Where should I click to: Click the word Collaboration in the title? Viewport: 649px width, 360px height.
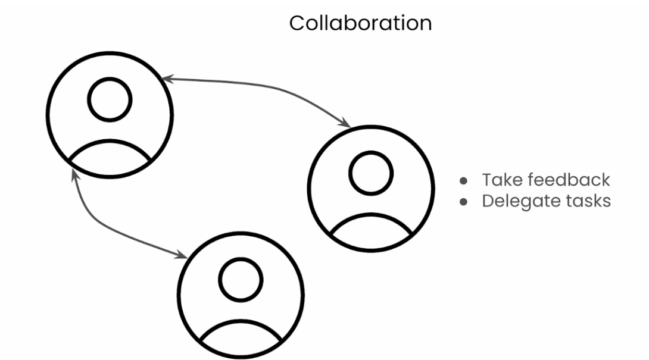pos(360,23)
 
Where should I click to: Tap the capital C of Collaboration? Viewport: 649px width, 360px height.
pos(297,23)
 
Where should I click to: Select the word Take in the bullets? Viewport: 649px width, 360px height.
pos(501,180)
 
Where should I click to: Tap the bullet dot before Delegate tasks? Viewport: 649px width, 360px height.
pos(464,202)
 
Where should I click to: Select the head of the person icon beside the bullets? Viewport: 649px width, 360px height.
pos(370,173)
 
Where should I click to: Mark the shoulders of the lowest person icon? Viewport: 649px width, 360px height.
pos(240,336)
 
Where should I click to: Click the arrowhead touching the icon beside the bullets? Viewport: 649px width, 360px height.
pos(345,124)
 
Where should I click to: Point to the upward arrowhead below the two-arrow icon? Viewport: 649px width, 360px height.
pos(74,174)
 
